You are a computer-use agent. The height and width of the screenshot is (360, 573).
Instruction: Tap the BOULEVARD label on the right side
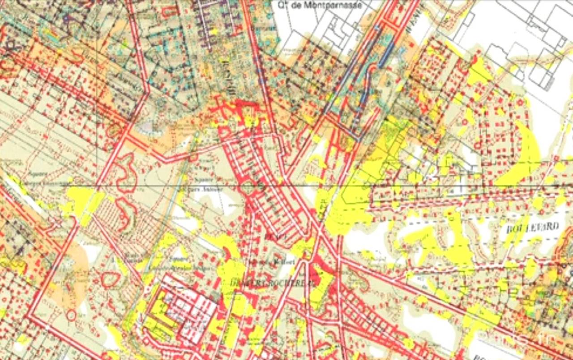click(533, 227)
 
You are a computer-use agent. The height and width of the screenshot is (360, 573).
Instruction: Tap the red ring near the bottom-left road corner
click(70, 315)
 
